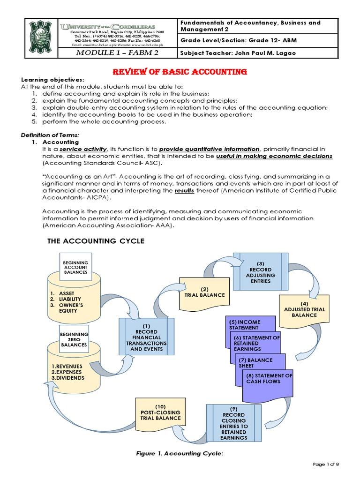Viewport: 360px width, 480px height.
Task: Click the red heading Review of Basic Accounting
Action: tap(180, 72)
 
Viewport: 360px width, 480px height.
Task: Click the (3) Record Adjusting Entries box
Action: tap(261, 272)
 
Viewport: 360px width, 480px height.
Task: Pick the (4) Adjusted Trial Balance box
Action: tap(304, 312)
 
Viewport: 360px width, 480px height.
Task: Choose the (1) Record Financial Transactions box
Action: tap(146, 337)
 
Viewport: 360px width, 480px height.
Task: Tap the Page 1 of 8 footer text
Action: tap(325, 464)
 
